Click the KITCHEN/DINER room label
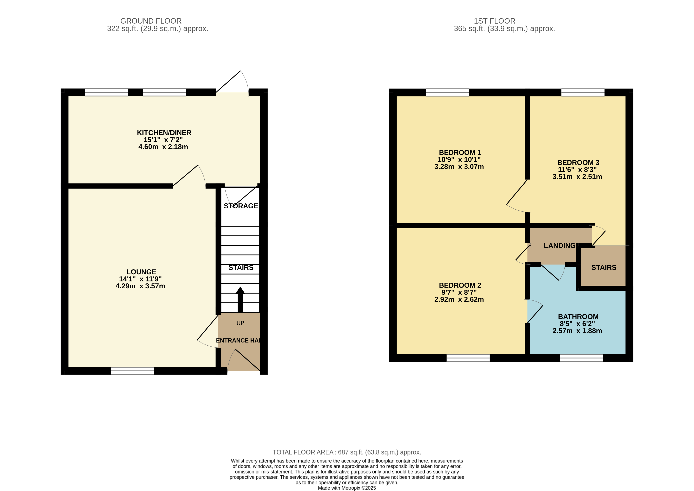(164, 133)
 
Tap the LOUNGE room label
(141, 272)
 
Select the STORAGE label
(241, 206)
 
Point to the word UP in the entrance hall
(240, 323)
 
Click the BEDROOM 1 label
(460, 153)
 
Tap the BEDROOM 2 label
(460, 285)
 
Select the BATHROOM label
(578, 317)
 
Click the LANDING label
(559, 246)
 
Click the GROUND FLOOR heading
(151, 21)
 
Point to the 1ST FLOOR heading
(495, 21)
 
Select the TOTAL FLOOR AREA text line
(347, 452)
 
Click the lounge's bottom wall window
(132, 371)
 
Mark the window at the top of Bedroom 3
(583, 92)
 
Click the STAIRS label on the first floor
(604, 267)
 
